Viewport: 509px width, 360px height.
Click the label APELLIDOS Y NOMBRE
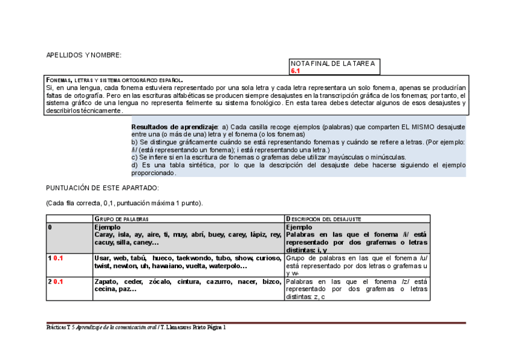(x=83, y=55)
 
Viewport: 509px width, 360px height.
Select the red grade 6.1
(x=295, y=71)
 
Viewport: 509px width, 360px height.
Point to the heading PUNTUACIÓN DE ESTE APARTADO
(x=102, y=188)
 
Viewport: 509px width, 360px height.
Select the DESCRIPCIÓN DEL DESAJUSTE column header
(x=324, y=219)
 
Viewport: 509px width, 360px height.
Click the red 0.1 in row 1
(x=58, y=258)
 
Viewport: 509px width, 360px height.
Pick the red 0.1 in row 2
(x=58, y=281)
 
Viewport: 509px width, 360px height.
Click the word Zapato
(x=106, y=281)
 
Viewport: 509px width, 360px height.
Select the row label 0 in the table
(x=50, y=227)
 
